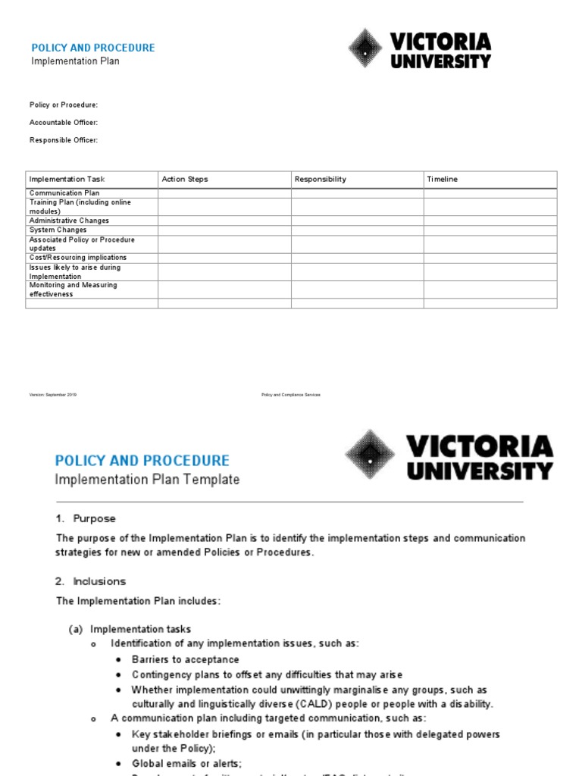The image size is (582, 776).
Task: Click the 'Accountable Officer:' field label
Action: (x=64, y=123)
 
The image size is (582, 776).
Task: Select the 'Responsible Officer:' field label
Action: (x=64, y=140)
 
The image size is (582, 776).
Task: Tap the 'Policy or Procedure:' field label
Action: (x=64, y=105)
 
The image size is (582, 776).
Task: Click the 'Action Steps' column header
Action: (x=185, y=180)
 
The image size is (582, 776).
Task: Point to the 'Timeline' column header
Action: (x=443, y=180)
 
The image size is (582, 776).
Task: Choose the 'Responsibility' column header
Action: (x=321, y=180)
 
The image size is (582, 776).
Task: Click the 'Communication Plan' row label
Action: (x=64, y=193)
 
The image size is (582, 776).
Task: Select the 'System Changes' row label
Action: (x=58, y=230)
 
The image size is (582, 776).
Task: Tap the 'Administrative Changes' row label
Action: (x=69, y=221)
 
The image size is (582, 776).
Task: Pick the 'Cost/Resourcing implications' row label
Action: (x=78, y=258)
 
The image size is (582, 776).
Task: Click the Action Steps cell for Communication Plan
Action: (x=224, y=193)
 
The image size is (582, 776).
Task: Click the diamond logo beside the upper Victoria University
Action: (x=366, y=49)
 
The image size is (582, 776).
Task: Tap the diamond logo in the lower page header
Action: (x=371, y=455)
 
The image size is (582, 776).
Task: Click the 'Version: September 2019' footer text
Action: (x=53, y=395)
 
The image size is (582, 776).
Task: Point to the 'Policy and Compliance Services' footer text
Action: (x=291, y=395)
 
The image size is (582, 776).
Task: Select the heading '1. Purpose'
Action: (x=86, y=519)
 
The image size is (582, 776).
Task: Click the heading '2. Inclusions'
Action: (x=90, y=582)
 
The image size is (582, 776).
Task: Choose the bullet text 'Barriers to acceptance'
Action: (x=185, y=659)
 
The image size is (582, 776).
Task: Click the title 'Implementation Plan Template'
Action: (x=147, y=480)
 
